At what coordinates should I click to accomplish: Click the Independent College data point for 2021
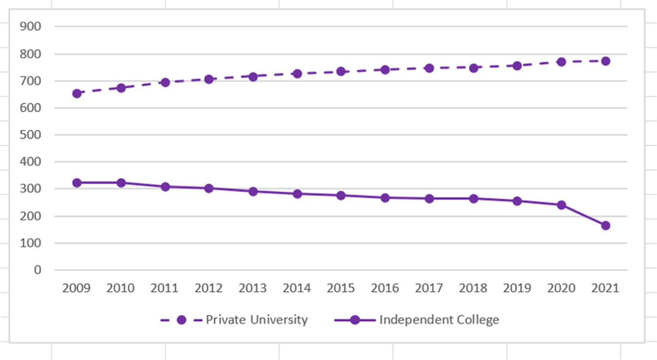coord(605,225)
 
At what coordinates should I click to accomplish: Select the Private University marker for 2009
coord(77,93)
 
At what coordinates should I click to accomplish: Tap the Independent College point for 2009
coord(77,183)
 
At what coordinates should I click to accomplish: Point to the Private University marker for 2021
coord(605,61)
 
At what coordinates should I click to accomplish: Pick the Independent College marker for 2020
coord(561,205)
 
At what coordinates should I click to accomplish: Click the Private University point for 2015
coord(341,71)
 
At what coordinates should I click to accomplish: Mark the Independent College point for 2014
coord(297,194)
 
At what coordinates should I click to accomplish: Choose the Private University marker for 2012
coord(209,79)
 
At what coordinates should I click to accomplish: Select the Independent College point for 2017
coord(429,199)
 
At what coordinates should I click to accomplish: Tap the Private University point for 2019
coord(517,65)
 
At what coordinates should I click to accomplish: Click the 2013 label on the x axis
coord(253,288)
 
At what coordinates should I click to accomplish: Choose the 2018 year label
coord(473,288)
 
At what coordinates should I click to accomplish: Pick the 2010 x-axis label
coord(120,288)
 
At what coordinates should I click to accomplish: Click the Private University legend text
coord(257,320)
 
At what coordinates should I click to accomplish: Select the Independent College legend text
coord(439,320)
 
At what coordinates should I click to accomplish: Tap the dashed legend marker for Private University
coord(181,320)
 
